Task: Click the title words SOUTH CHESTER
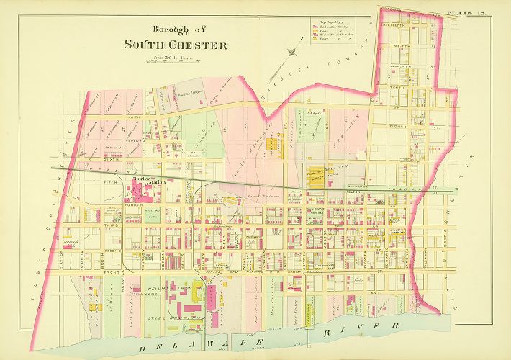point(176,45)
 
